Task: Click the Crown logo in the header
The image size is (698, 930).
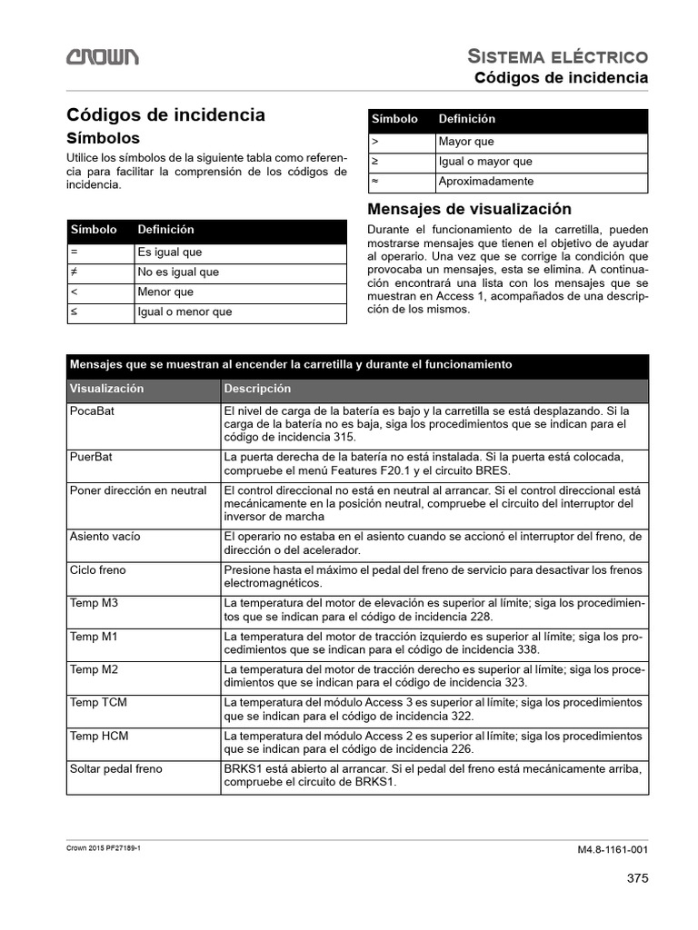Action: click(x=102, y=57)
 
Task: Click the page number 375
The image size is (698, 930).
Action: click(x=637, y=877)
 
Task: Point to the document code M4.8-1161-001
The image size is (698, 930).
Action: click(x=613, y=850)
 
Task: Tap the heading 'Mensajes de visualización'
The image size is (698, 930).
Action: click(x=469, y=209)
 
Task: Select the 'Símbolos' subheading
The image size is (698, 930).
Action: click(x=104, y=138)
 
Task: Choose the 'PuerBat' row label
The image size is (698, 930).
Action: click(x=90, y=456)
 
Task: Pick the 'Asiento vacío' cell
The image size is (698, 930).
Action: click(x=105, y=536)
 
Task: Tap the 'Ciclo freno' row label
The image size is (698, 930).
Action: click(x=98, y=570)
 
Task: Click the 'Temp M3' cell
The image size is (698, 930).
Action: click(x=94, y=603)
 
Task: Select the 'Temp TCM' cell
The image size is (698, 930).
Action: click(x=97, y=703)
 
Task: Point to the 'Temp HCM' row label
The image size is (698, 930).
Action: click(x=97, y=736)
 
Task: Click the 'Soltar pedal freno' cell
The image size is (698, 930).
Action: click(x=116, y=768)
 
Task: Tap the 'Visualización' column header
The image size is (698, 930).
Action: click(x=107, y=388)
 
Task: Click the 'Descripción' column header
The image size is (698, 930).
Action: click(x=257, y=388)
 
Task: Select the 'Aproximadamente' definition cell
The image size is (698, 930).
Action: click(x=485, y=182)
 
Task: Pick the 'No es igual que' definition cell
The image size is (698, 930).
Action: click(x=178, y=272)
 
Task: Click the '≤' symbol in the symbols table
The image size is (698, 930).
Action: click(x=74, y=312)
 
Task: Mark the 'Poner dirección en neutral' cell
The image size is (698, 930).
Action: click(x=138, y=490)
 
